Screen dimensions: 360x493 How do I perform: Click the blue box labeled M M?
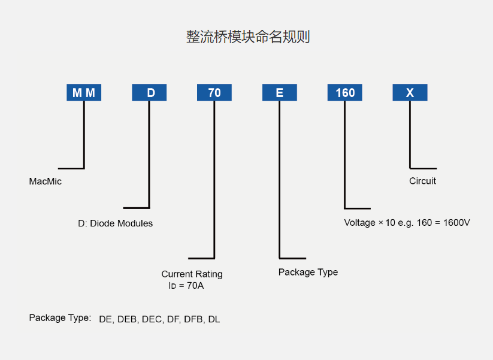(x=84, y=93)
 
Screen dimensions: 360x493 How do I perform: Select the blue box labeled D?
(x=149, y=93)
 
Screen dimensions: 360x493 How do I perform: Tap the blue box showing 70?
(x=214, y=93)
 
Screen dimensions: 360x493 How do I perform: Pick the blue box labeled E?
(x=280, y=93)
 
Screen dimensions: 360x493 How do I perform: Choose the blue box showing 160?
(x=345, y=93)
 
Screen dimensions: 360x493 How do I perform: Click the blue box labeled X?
(x=410, y=93)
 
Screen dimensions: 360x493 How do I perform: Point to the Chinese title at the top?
(x=247, y=37)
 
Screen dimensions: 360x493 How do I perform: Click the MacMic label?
(x=45, y=181)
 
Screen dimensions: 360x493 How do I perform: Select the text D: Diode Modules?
(x=115, y=223)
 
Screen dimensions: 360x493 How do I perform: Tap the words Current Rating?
(x=192, y=274)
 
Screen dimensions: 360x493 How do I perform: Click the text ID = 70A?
(x=186, y=286)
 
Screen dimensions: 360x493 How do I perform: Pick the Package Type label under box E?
(x=308, y=272)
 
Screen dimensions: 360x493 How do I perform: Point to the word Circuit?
(x=422, y=181)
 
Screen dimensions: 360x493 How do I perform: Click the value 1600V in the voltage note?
(x=456, y=223)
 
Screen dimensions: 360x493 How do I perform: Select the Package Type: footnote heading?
(x=60, y=317)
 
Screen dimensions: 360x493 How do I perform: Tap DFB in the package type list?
(x=193, y=319)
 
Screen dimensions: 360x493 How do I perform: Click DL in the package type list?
(x=214, y=319)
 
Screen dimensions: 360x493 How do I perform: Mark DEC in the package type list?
(x=152, y=319)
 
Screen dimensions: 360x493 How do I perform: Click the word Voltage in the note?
(x=359, y=223)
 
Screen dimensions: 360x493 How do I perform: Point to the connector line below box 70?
(x=214, y=180)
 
